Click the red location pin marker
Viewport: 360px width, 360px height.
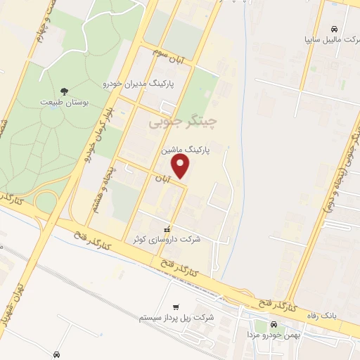[181, 167]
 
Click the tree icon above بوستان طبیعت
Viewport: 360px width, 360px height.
[64, 91]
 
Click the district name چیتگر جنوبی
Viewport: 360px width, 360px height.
[183, 123]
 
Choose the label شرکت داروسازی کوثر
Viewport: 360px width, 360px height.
[167, 240]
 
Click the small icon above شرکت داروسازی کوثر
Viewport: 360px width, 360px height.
[167, 229]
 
